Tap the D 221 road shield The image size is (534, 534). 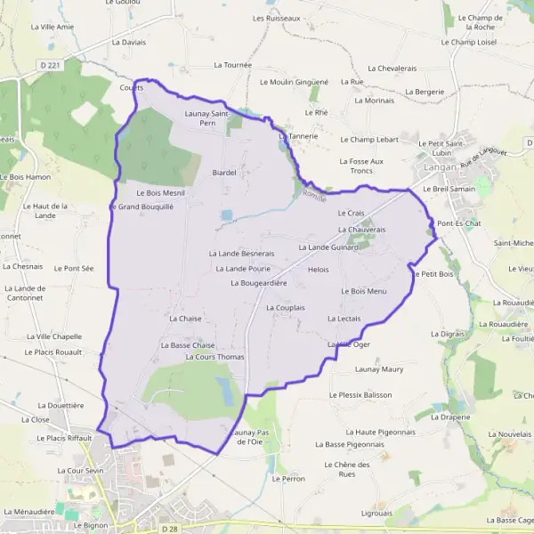[x=52, y=66]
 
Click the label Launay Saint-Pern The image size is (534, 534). [x=207, y=118]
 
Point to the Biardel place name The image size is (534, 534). [x=223, y=173]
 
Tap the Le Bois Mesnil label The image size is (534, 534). [x=160, y=192]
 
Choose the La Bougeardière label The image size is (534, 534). [x=258, y=283]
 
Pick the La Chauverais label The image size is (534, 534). [x=361, y=229]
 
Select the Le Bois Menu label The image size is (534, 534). [x=364, y=291]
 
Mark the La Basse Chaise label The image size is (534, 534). [x=188, y=344]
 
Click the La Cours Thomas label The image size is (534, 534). [x=214, y=357]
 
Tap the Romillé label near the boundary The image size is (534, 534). [x=314, y=194]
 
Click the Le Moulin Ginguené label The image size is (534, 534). [x=294, y=81]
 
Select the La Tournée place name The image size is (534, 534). [x=233, y=65]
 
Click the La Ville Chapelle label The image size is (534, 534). [x=54, y=336]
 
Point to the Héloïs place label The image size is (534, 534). [x=318, y=269]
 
